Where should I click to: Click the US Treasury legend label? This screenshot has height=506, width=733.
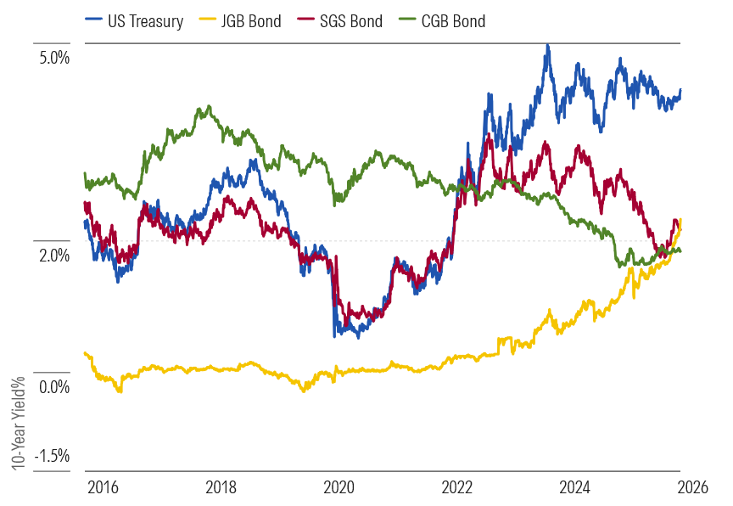[x=145, y=21]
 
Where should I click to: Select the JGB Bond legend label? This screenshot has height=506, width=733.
[x=251, y=21]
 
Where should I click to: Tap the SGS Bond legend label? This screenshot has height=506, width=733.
[x=351, y=21]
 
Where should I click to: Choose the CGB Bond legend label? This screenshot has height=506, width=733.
[x=453, y=21]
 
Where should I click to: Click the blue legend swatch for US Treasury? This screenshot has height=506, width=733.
[x=94, y=20]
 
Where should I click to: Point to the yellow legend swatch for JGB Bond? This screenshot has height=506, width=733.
[x=208, y=20]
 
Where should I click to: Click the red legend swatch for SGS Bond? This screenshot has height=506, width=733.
[x=306, y=20]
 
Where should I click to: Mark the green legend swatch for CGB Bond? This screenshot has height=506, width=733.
[x=407, y=20]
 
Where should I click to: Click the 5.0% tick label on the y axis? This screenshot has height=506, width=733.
[x=54, y=58]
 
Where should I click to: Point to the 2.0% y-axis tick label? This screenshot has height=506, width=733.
[x=54, y=256]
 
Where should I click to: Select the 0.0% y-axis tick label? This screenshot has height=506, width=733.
[x=54, y=387]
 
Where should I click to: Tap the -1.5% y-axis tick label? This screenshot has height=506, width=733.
[x=52, y=456]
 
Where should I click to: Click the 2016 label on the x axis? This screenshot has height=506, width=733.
[x=104, y=487]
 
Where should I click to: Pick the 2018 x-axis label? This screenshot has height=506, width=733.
[x=221, y=487]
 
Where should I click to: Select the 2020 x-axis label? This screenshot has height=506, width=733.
[x=339, y=487]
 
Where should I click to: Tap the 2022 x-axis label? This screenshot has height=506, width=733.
[x=457, y=487]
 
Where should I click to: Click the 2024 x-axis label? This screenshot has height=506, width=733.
[x=575, y=487]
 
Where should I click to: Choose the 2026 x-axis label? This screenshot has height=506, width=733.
[x=693, y=487]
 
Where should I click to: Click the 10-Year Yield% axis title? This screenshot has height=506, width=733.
[x=18, y=424]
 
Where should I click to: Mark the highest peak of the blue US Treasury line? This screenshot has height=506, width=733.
[x=548, y=46]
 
